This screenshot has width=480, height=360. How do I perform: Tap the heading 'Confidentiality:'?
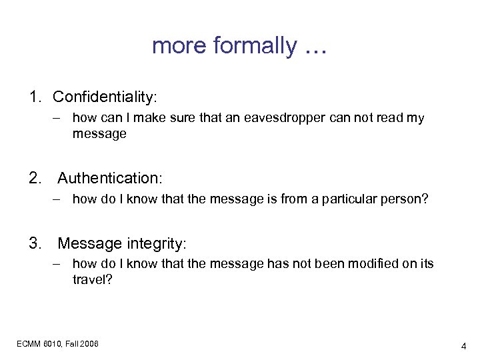tap(105, 97)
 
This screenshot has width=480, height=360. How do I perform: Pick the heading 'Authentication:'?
tap(110, 179)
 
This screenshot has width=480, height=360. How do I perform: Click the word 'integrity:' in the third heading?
tap(154, 243)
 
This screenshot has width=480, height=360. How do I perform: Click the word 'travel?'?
tap(92, 279)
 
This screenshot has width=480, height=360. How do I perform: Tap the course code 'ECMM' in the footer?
tap(29, 343)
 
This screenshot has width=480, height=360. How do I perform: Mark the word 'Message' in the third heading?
tap(91, 243)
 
